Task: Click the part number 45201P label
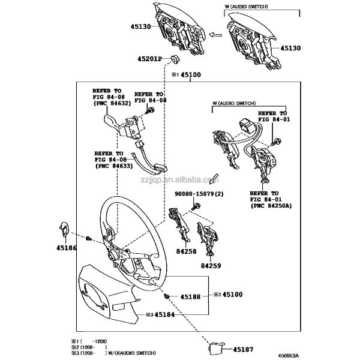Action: point(149,59)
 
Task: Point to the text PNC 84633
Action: point(112,164)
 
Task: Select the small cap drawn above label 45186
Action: point(63,228)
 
